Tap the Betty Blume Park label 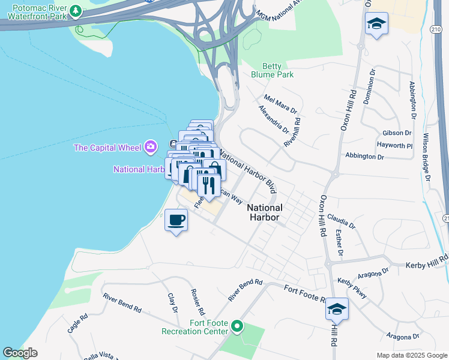coord(277,70)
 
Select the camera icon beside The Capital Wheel coord(151,147)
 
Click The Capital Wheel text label coord(107,148)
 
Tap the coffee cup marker coord(176,220)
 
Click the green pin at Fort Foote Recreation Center coord(237,327)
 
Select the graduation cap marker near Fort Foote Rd coord(337,309)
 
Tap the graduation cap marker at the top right coord(376,24)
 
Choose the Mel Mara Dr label coord(280,103)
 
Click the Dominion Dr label coord(369,88)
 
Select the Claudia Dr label coord(342,221)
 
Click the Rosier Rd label coord(197,302)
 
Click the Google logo coord(20,353)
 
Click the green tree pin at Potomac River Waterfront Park coord(76,10)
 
